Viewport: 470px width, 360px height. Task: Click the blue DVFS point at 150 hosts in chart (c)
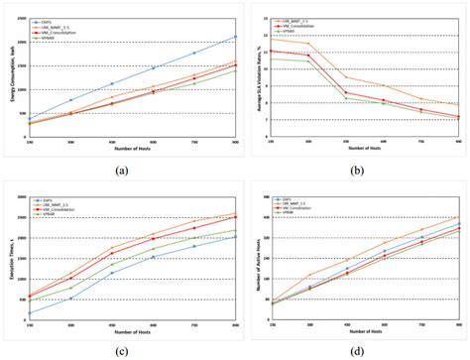tap(28, 312)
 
